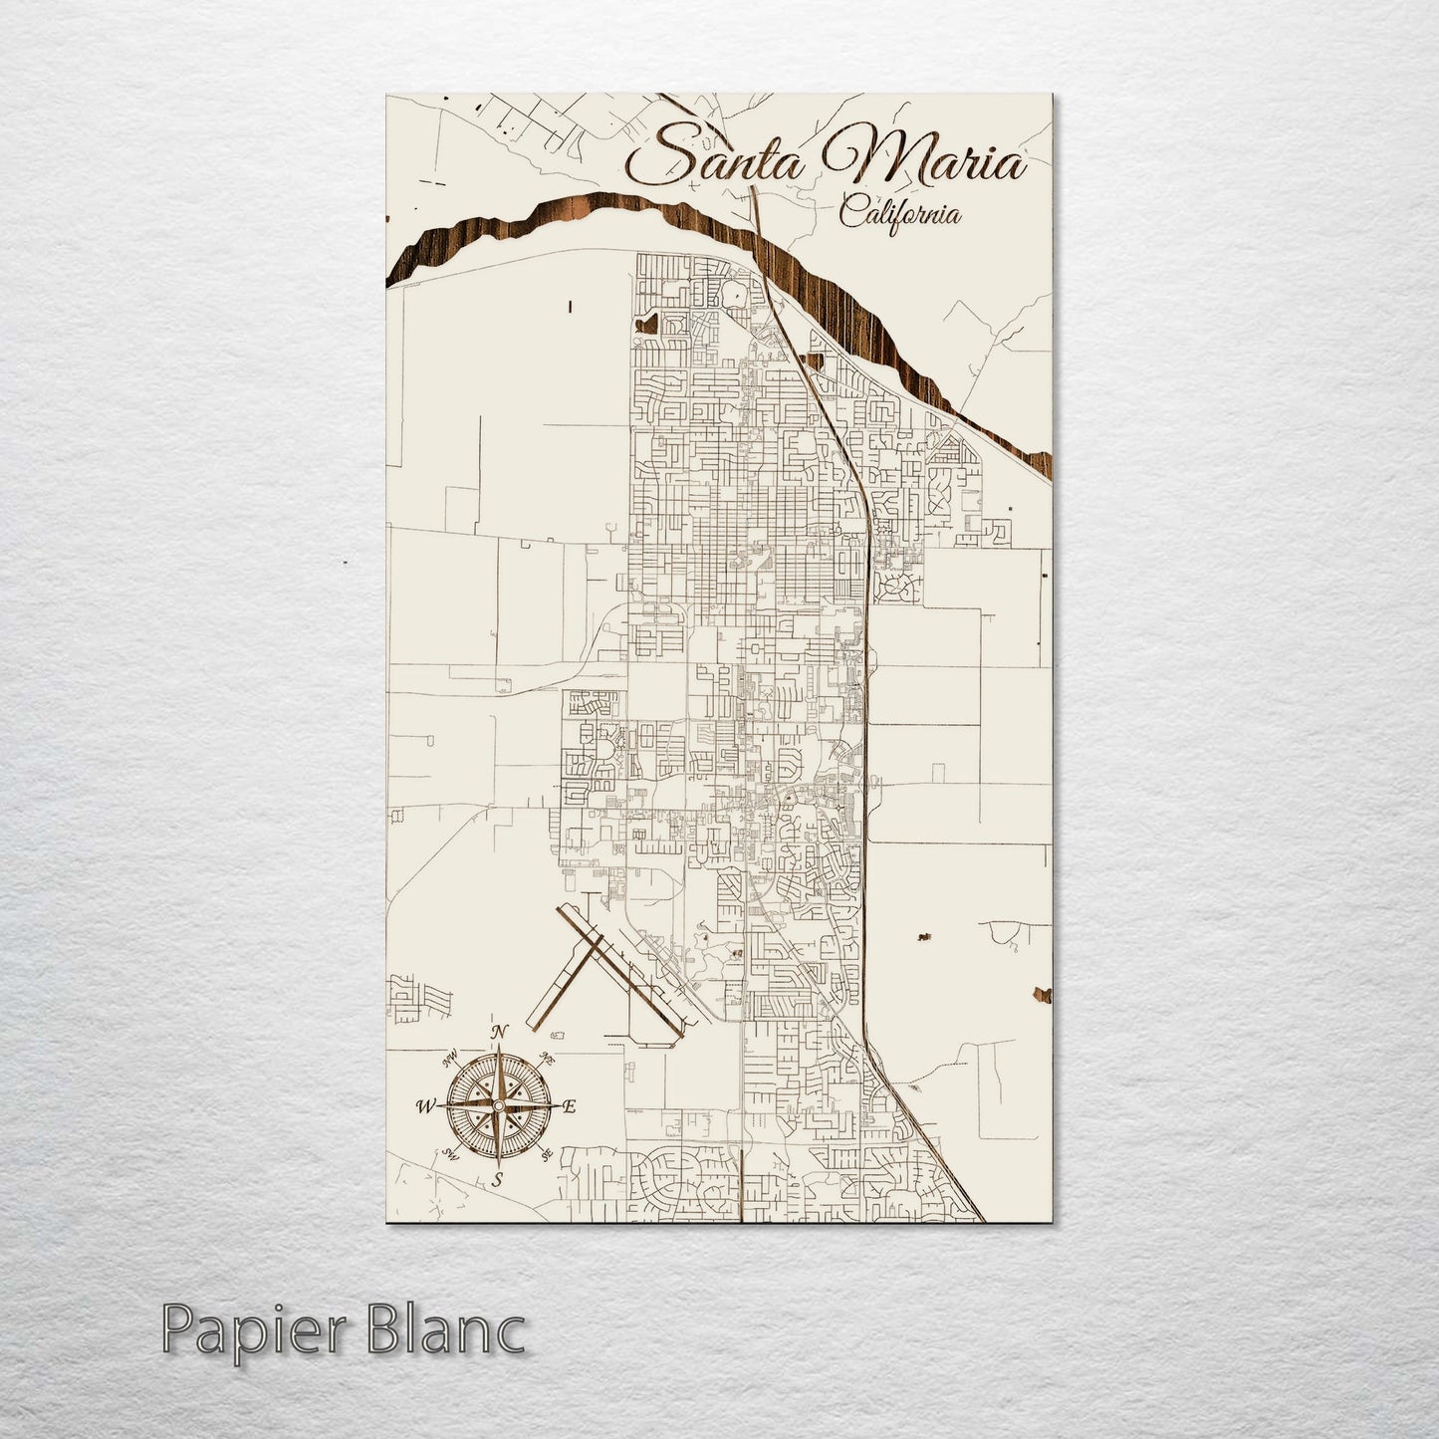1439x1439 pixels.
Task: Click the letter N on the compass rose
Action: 501,1032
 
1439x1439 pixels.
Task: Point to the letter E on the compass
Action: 570,1106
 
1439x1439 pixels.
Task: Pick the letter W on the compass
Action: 425,1105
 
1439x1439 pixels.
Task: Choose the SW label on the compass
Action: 450,1155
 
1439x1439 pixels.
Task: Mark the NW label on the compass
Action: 451,1058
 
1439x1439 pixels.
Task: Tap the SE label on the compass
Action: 546,1155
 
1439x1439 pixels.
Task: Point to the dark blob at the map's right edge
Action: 1043,993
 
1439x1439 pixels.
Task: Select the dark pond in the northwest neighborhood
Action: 651,322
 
